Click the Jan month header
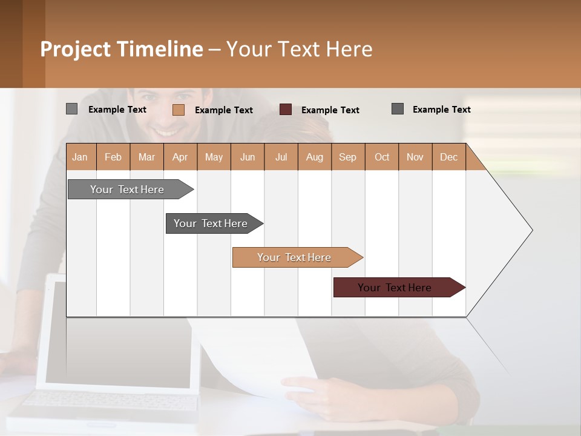click(x=80, y=157)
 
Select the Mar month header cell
click(x=146, y=157)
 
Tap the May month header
click(x=214, y=157)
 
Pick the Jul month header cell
click(x=281, y=157)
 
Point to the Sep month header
click(x=347, y=157)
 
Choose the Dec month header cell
click(x=448, y=157)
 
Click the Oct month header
click(x=382, y=157)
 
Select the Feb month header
click(x=113, y=157)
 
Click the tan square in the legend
click(x=179, y=110)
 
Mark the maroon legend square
click(x=286, y=110)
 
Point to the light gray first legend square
click(x=71, y=109)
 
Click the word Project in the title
click(x=75, y=49)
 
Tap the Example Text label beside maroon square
click(x=330, y=110)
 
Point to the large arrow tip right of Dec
click(x=514, y=230)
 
